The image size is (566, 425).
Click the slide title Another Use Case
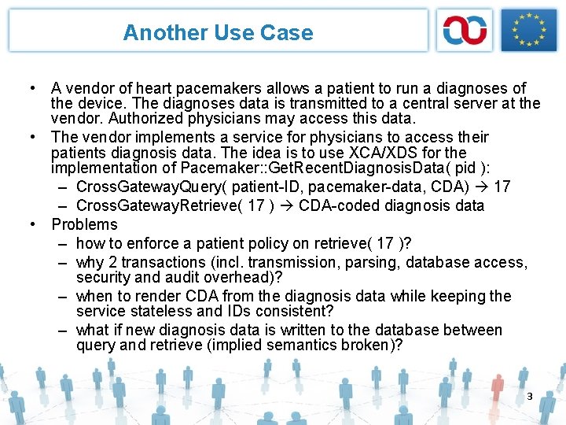pos(218,33)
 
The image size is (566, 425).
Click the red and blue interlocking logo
pos(465,31)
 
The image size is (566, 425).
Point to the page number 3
pos(530,396)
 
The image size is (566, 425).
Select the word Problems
pos(84,224)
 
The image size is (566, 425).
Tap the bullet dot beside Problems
pos(34,224)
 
